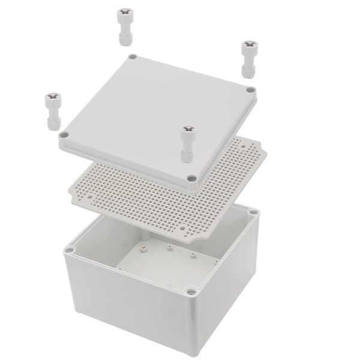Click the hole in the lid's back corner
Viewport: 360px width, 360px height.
tap(133, 58)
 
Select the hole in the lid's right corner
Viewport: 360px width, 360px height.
tap(250, 90)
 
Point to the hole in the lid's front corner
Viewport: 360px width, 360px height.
tap(191, 178)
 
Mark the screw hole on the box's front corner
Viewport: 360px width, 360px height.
tap(191, 292)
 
